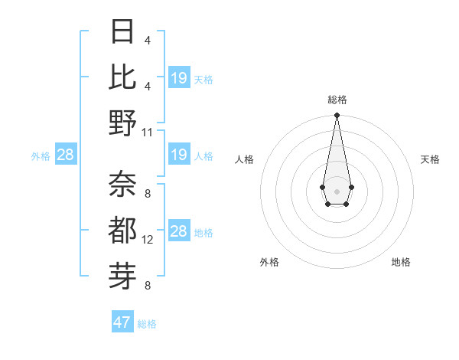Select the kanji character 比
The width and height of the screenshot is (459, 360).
[x=122, y=77]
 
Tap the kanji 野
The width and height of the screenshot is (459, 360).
[x=122, y=123]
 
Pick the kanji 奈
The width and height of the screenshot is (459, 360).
[x=122, y=185]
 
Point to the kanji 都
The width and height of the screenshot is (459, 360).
[x=122, y=230]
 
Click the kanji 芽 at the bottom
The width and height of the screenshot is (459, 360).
[x=122, y=275]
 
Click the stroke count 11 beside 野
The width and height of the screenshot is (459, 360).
[x=148, y=132]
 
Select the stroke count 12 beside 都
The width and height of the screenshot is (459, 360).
[x=148, y=240]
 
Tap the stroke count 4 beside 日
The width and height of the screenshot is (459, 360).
[x=148, y=41]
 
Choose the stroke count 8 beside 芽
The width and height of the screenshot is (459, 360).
[x=148, y=286]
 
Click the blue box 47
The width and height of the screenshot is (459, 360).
[x=122, y=322]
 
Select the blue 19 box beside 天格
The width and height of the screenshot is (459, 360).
[x=179, y=78]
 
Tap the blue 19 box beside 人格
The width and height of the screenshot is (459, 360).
[x=179, y=155]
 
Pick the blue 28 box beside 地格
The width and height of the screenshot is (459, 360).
[x=179, y=232]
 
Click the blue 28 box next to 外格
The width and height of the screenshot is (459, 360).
[x=66, y=155]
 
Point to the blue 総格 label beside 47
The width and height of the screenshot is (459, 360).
[x=147, y=324]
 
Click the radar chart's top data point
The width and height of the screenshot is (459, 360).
[x=337, y=116]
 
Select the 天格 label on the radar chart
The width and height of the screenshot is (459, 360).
[x=430, y=159]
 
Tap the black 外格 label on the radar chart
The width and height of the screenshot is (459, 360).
[x=269, y=262]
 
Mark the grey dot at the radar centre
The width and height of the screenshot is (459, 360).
[x=337, y=191]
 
